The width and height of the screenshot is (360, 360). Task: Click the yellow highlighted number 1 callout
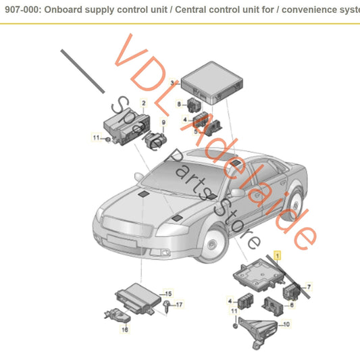pyautogui.click(x=276, y=256)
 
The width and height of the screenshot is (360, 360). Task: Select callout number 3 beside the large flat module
pyautogui.click(x=172, y=82)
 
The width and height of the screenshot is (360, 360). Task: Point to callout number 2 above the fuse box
pyautogui.click(x=143, y=103)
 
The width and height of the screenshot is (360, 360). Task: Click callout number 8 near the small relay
pyautogui.click(x=179, y=104)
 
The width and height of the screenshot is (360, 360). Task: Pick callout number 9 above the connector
pyautogui.click(x=163, y=122)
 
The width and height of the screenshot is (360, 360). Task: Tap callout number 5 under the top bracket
pyautogui.click(x=195, y=131)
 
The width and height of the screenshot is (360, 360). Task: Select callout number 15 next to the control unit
pyautogui.click(x=169, y=294)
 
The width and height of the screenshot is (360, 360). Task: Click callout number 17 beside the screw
pyautogui.click(x=179, y=305)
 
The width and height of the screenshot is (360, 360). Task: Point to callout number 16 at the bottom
pyautogui.click(x=124, y=330)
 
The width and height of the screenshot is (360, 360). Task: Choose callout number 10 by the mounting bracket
pyautogui.click(x=286, y=325)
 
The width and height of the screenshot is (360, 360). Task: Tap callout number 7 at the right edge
pyautogui.click(x=308, y=287)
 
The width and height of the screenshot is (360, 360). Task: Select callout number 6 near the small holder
pyautogui.click(x=291, y=305)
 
